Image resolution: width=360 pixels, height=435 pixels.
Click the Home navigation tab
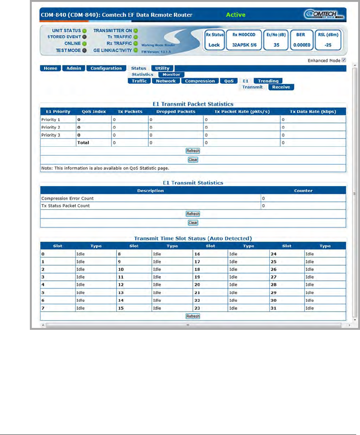50,68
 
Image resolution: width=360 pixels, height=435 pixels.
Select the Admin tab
73,68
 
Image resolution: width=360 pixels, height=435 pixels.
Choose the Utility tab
162,68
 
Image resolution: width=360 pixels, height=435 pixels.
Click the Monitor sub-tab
171,75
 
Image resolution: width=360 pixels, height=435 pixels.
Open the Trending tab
268,81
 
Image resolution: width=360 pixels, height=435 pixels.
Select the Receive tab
281,87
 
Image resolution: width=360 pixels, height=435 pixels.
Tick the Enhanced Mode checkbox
344,60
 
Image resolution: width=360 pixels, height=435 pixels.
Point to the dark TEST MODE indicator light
85,50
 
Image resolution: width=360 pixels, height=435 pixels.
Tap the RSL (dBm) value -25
328,45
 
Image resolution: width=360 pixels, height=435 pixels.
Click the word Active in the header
236,15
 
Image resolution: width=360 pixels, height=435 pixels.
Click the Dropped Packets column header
176,112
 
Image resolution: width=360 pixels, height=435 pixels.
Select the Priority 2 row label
51,127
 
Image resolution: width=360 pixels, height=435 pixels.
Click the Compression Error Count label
67,198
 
